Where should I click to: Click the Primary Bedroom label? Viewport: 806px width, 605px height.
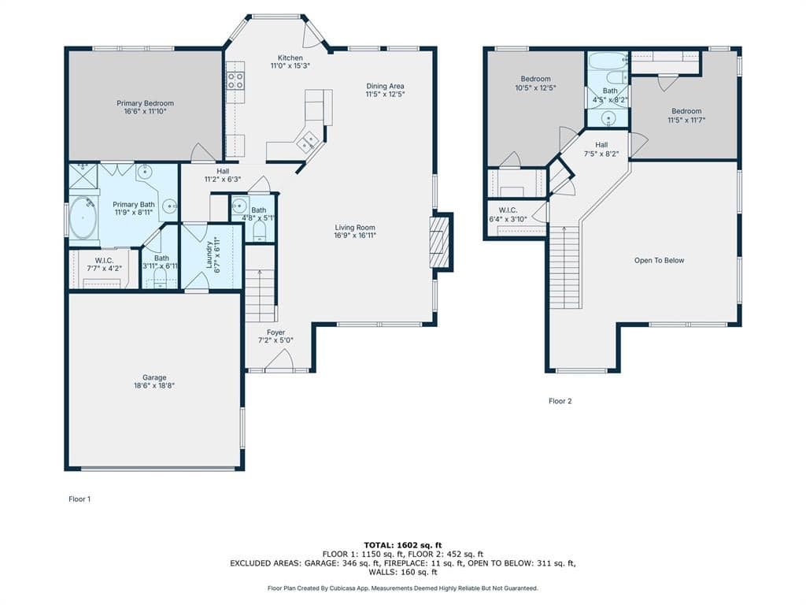pyautogui.click(x=145, y=103)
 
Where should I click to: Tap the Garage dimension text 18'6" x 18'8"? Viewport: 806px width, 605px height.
pyautogui.click(x=154, y=385)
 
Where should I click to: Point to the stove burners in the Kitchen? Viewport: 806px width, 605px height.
pyautogui.click(x=235, y=80)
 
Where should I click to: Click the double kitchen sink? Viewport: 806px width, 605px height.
pyautogui.click(x=308, y=141)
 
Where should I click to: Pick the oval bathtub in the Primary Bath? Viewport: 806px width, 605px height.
pyautogui.click(x=83, y=218)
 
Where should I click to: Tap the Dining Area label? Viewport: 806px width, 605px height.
pyautogui.click(x=385, y=86)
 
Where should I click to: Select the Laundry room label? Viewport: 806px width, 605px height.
pyautogui.click(x=209, y=255)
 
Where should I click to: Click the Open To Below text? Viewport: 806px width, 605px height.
pyautogui.click(x=659, y=260)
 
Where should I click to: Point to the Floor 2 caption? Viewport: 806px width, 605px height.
pyautogui.click(x=560, y=401)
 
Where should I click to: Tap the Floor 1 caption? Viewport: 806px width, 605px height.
pyautogui.click(x=79, y=499)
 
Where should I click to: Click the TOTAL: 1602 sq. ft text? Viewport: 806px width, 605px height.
pyautogui.click(x=402, y=545)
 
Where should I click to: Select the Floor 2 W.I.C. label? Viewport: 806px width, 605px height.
pyautogui.click(x=508, y=210)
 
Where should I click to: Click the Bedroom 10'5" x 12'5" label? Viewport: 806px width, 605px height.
pyautogui.click(x=535, y=79)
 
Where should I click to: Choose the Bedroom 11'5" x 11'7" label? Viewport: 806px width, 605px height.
pyautogui.click(x=686, y=111)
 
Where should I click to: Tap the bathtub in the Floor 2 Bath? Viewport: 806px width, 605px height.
pyautogui.click(x=608, y=60)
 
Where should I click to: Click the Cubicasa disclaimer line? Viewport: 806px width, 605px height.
pyautogui.click(x=402, y=588)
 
